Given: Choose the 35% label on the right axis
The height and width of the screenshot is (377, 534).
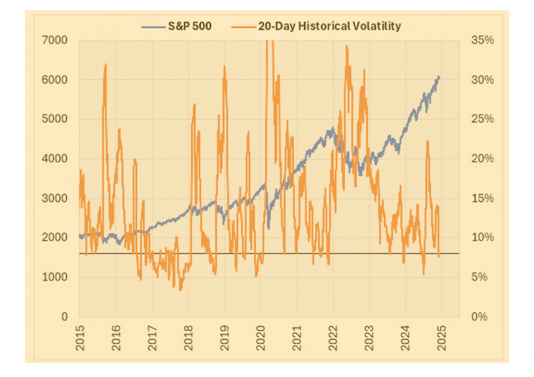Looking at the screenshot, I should tap(482, 40).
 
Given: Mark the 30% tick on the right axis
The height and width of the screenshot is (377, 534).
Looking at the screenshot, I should tap(482, 80).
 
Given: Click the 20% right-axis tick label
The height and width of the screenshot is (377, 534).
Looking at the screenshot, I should tap(482, 159).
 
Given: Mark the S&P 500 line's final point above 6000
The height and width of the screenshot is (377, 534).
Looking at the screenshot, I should tap(439, 77).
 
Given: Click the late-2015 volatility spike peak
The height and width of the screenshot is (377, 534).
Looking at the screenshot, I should tap(106, 65).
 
